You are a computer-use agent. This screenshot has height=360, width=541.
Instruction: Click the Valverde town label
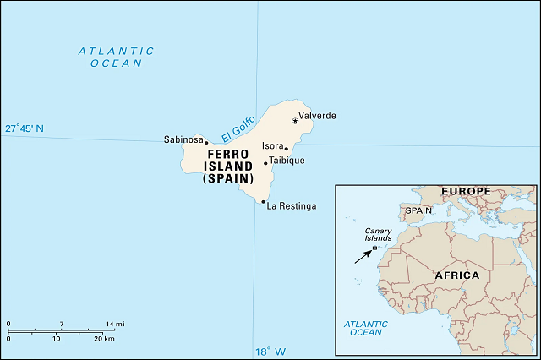tap(317, 116)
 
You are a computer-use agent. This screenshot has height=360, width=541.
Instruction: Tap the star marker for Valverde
tap(295, 121)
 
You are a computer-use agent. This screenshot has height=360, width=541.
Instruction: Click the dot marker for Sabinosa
tap(206, 143)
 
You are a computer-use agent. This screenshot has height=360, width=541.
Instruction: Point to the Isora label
tap(272, 146)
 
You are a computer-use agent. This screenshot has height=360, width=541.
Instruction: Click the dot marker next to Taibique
tap(265, 163)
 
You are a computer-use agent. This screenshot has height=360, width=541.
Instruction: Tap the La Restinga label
tap(292, 206)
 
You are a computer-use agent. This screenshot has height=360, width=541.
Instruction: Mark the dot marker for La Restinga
tap(264, 202)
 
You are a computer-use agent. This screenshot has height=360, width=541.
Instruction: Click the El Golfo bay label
tap(238, 128)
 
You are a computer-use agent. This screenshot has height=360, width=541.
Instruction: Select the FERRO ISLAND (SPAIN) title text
tap(227, 166)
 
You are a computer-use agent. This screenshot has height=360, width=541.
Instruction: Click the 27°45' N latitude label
tap(25, 128)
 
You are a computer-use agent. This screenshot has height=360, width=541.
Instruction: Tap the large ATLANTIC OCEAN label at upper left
tap(116, 57)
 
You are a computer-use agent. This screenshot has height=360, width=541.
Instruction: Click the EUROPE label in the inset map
tap(465, 192)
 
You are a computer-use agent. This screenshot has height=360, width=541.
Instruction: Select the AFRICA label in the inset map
tap(456, 275)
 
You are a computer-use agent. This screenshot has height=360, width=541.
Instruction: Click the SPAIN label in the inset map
tap(418, 210)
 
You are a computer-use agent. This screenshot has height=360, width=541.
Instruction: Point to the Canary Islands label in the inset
tap(378, 234)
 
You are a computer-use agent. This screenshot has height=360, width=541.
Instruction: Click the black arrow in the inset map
tap(363, 254)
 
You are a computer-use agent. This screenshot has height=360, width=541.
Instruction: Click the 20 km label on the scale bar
tap(104, 338)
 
